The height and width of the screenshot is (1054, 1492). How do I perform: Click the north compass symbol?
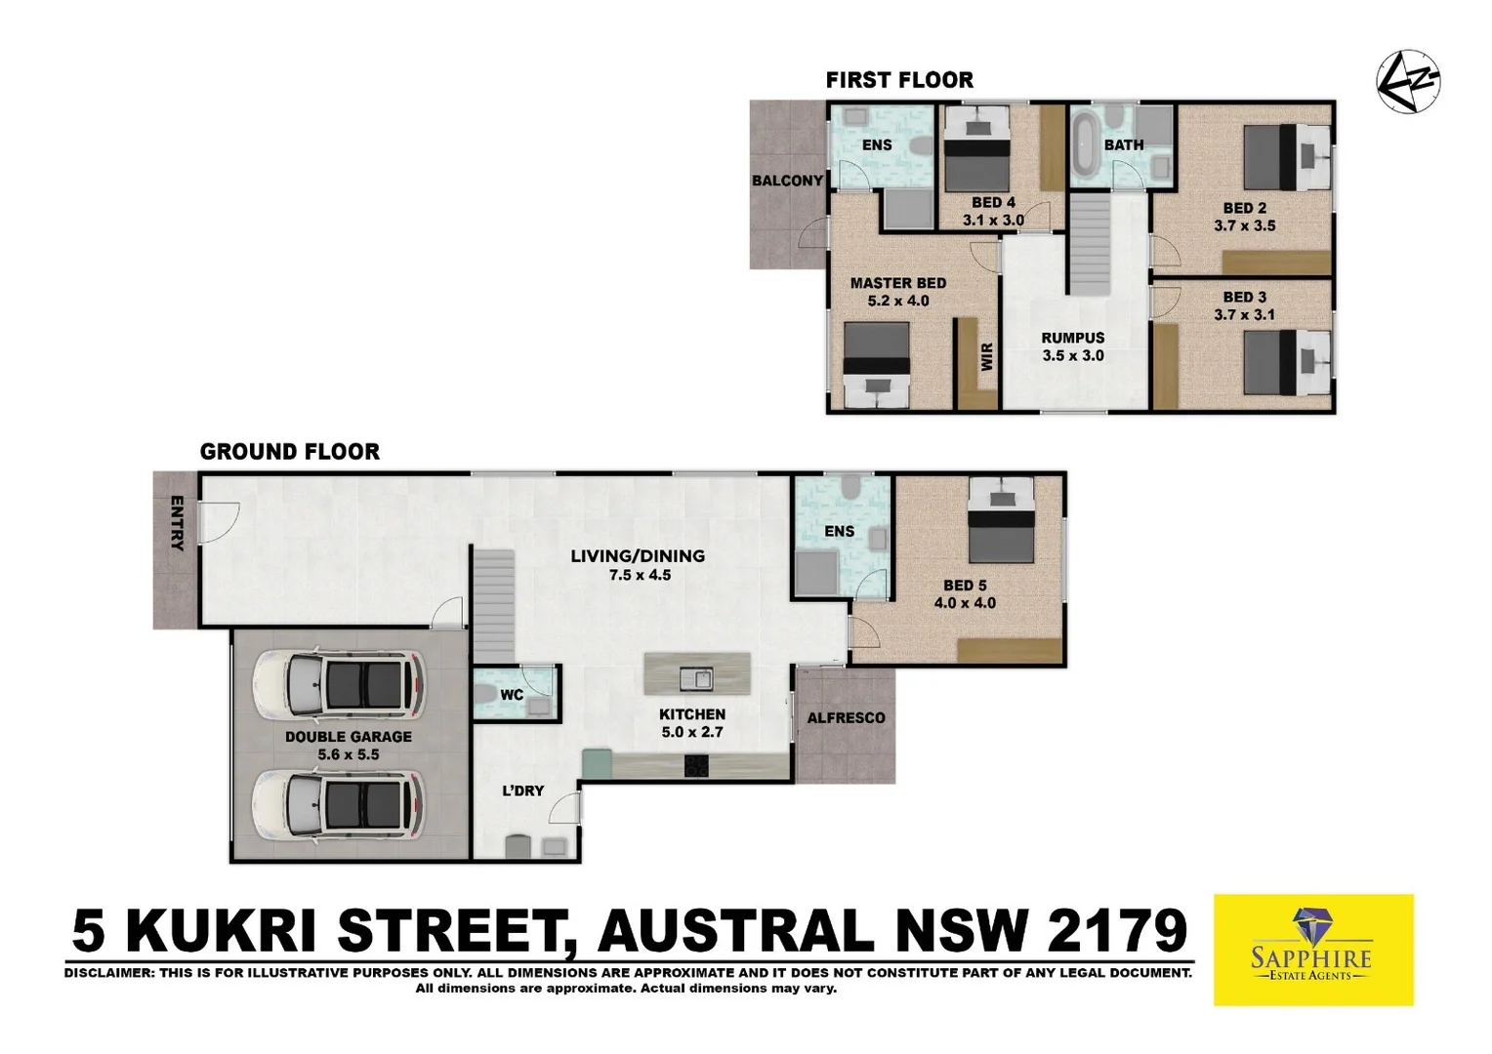(1407, 82)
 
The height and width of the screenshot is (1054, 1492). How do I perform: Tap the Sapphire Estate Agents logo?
(1312, 949)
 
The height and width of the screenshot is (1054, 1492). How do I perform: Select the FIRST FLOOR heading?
(899, 80)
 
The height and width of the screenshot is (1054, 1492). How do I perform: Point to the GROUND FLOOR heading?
(289, 452)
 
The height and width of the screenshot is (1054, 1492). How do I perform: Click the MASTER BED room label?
(897, 283)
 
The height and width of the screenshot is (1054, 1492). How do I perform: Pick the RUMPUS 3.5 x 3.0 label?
(1072, 346)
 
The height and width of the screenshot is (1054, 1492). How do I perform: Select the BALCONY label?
(787, 181)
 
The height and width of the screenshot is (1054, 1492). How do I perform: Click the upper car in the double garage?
(338, 683)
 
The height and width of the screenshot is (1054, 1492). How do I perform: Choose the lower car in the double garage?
(338, 805)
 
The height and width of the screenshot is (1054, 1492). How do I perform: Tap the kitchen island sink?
(696, 677)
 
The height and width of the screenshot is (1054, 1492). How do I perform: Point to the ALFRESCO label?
(846, 718)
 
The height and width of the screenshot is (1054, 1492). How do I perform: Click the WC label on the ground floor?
(512, 696)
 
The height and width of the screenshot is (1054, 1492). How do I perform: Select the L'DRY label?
(522, 790)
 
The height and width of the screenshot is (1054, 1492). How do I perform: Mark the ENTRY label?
(177, 523)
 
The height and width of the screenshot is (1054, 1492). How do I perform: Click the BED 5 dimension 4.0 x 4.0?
(965, 603)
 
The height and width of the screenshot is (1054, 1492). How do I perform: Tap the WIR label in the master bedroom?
(986, 356)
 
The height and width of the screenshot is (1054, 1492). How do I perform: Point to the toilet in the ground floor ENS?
(850, 487)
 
